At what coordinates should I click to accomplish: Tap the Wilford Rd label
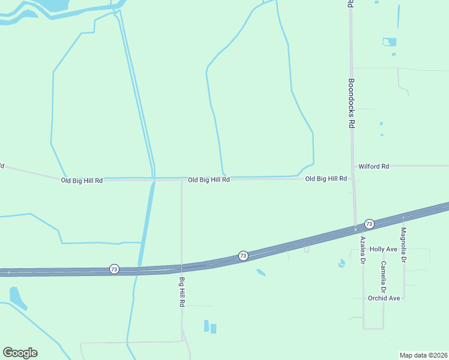click(x=373, y=166)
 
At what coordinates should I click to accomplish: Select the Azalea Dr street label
click(x=363, y=251)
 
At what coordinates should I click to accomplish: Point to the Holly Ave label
click(x=384, y=249)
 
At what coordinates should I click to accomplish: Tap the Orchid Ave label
click(x=385, y=298)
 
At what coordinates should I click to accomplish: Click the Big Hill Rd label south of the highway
click(x=181, y=292)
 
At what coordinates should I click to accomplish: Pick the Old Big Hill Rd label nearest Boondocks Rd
click(x=326, y=179)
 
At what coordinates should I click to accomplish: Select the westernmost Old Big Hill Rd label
click(x=82, y=180)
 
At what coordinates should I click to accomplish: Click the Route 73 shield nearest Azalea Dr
click(x=369, y=224)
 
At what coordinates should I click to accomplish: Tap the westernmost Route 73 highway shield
click(x=114, y=269)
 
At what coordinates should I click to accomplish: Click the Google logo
click(x=20, y=353)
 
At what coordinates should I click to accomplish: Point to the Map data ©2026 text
click(x=424, y=355)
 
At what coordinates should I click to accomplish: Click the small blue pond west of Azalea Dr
click(x=342, y=263)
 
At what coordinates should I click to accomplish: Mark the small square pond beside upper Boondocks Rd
click(x=390, y=42)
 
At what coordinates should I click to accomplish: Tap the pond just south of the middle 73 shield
click(x=261, y=273)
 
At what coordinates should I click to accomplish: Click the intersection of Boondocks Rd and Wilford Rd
click(x=353, y=166)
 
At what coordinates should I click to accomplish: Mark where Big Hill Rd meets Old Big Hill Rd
click(x=182, y=179)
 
